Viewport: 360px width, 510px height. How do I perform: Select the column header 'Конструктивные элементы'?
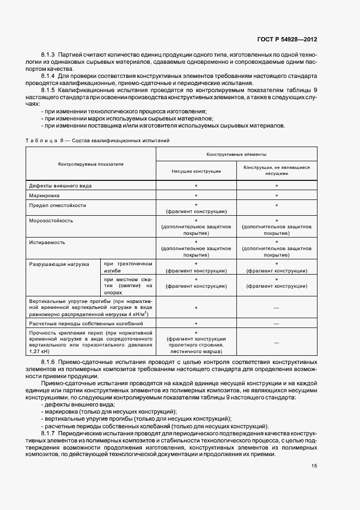(x=236, y=155)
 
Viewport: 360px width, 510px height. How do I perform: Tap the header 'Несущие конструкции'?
(x=196, y=171)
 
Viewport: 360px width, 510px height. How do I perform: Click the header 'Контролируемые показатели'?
(x=91, y=163)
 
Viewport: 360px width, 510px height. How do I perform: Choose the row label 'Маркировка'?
(x=45, y=195)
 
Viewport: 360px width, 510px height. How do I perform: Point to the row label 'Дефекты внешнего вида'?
(x=60, y=186)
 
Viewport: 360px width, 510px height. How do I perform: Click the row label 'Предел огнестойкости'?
(x=58, y=205)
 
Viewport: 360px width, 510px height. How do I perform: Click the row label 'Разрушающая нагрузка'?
(x=59, y=264)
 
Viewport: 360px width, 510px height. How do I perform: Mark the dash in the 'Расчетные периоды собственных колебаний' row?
(x=276, y=323)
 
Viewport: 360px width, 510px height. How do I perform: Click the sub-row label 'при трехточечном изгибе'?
(x=127, y=267)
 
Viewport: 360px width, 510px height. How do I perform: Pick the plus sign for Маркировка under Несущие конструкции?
(x=196, y=195)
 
